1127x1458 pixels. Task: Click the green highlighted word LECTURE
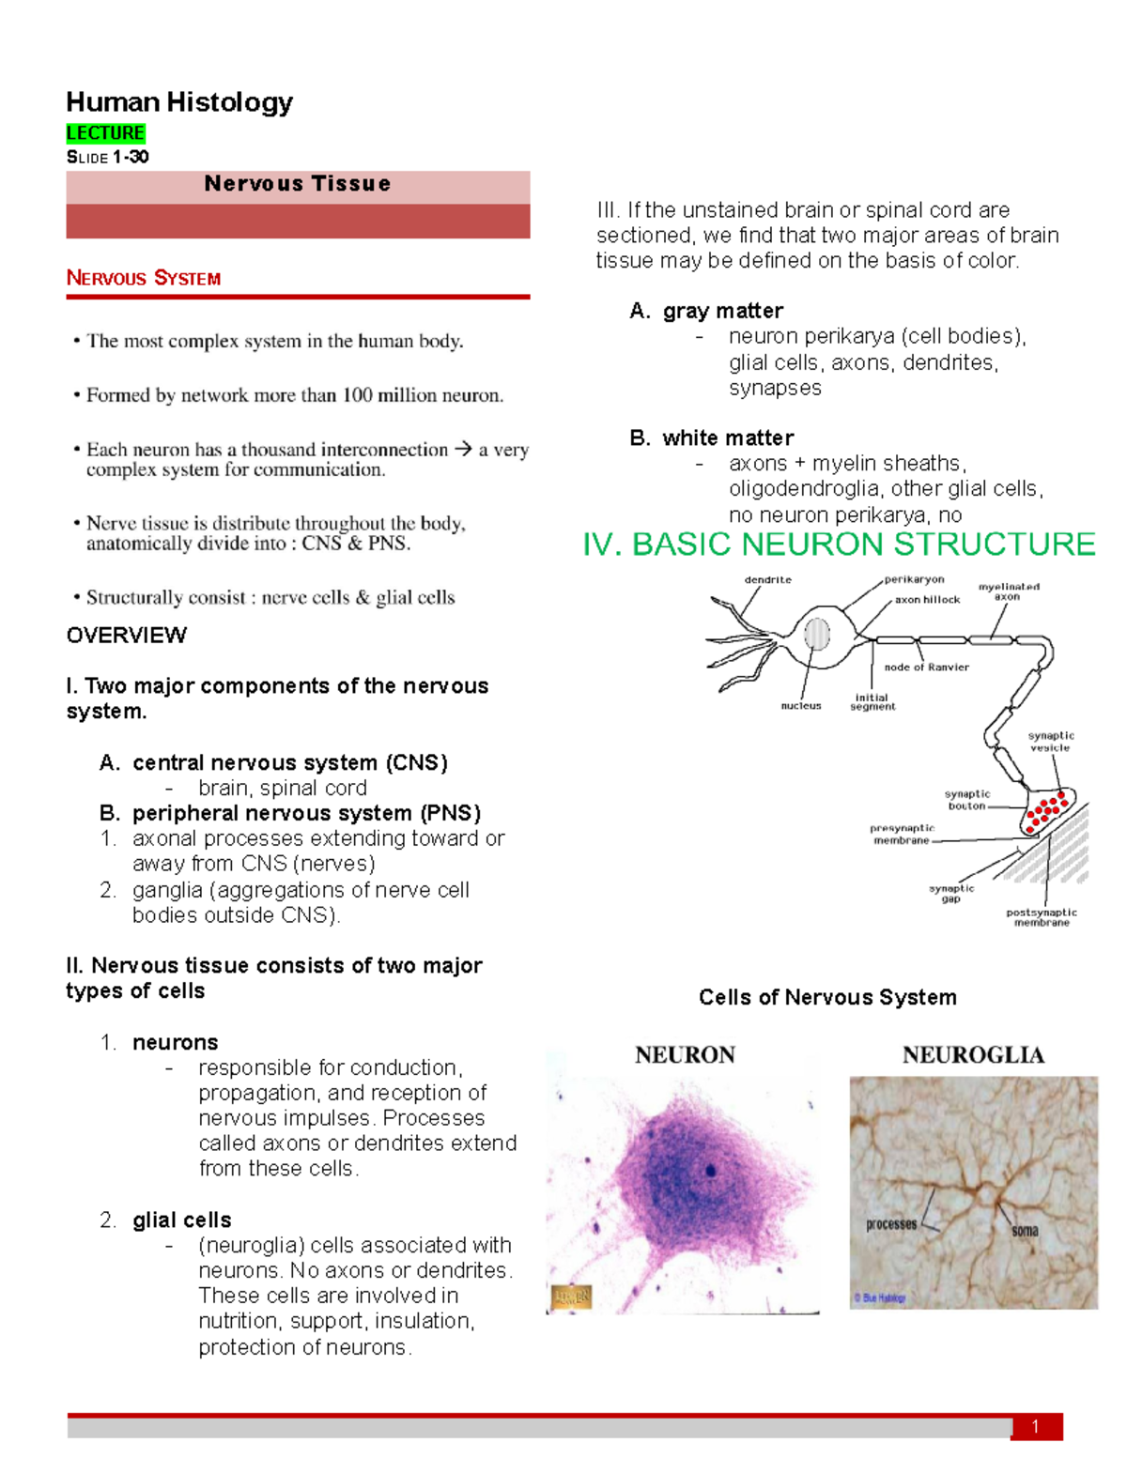[105, 133]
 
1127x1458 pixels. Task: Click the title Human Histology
[179, 101]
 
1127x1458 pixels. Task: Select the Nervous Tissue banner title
[298, 184]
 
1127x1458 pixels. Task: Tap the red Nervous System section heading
[144, 278]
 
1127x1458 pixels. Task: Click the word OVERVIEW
[127, 636]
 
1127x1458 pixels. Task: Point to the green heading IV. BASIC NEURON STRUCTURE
[839, 545]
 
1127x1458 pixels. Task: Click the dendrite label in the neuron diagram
[767, 580]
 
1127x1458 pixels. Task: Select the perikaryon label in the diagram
[914, 579]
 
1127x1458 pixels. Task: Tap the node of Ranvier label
[926, 668]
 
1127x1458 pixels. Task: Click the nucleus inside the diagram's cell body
[817, 635]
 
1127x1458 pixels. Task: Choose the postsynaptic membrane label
[1042, 917]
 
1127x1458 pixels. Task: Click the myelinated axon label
[1009, 591]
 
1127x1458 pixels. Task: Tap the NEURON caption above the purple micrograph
[685, 1055]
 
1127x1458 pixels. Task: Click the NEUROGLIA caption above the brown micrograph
[973, 1055]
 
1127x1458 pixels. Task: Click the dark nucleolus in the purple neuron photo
[711, 1170]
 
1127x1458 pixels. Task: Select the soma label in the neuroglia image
[1026, 1231]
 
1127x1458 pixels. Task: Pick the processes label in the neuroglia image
[891, 1224]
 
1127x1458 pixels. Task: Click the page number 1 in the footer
[1035, 1427]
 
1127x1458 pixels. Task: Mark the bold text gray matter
[722, 311]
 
